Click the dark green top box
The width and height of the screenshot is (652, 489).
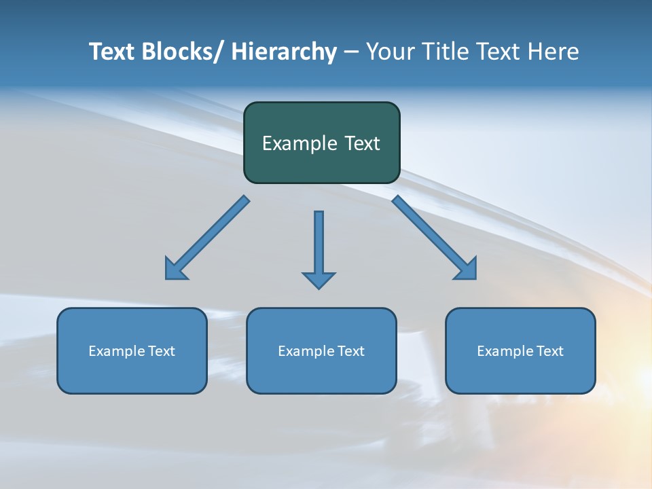click(x=321, y=143)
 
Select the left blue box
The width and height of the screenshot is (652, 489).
click(x=132, y=350)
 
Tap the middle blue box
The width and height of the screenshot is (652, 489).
click(x=321, y=350)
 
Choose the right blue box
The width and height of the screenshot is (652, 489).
click(x=520, y=350)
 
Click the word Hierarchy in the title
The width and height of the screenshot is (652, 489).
click(x=284, y=52)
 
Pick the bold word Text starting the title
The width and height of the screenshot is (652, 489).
click(x=112, y=52)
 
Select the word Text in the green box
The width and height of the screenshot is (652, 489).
click(x=361, y=143)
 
